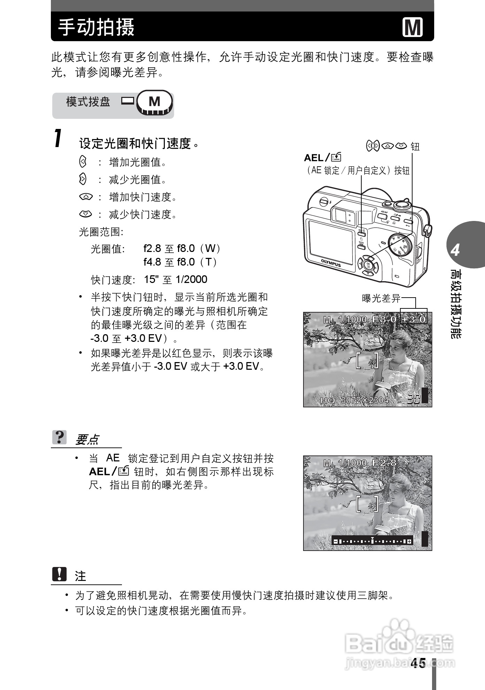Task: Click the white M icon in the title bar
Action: tap(413, 27)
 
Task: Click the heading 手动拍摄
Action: tap(96, 27)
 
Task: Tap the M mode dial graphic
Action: tap(154, 102)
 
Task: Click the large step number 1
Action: tap(58, 138)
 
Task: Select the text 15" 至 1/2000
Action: tap(176, 279)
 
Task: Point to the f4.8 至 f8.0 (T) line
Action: tap(180, 262)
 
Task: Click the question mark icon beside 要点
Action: tap(60, 437)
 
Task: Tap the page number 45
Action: tap(418, 663)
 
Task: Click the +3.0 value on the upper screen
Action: tap(414, 319)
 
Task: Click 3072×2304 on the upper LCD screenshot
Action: tap(364, 400)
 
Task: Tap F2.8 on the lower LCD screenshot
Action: tap(384, 462)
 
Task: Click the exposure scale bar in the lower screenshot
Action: tap(372, 541)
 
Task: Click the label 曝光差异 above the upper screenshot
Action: tap(381, 298)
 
